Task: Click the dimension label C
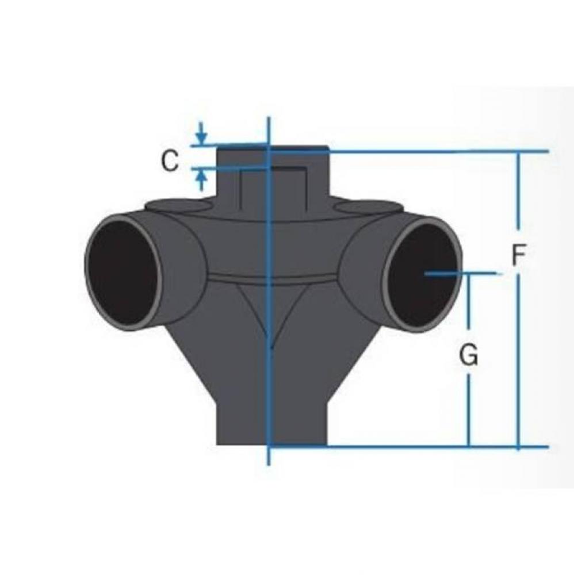coord(169,162)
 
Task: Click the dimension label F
coord(519,255)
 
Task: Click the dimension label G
coord(469,356)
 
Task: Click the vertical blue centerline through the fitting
coord(269,374)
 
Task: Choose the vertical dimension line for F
coord(519,345)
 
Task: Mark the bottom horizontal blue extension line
coord(403,446)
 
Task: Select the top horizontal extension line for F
coord(437,152)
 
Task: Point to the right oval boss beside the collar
coord(368,205)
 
